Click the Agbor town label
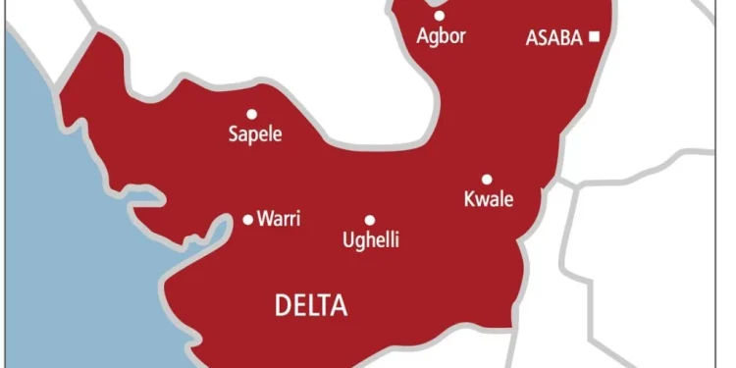[x=440, y=37]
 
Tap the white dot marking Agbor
[x=439, y=16]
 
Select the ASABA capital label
[x=554, y=38]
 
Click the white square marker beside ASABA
[x=595, y=37]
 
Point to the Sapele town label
[x=254, y=134]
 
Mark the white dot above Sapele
[x=251, y=114]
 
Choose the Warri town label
[x=278, y=219]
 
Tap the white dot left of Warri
[x=247, y=219]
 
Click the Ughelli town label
[x=370, y=240]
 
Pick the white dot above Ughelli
[x=370, y=220]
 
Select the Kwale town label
[x=488, y=200]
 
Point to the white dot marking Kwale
[x=486, y=180]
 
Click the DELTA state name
[x=311, y=307]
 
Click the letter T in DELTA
[x=327, y=307]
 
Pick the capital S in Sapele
[x=233, y=133]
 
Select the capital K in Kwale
[x=468, y=199]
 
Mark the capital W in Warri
[x=265, y=219]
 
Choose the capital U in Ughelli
[x=346, y=239]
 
